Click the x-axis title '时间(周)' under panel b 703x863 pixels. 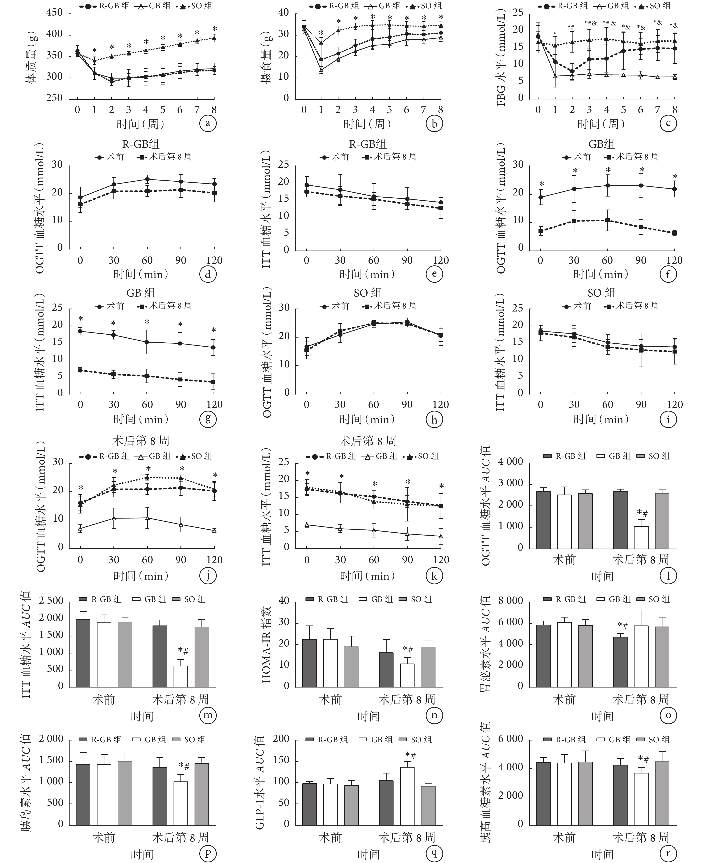367,124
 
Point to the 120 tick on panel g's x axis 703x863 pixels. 215,404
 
